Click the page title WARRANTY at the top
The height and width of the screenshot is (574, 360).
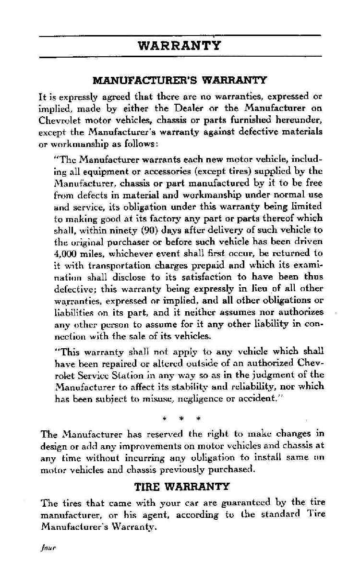point(180,46)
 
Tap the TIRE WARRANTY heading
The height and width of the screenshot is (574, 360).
point(182,487)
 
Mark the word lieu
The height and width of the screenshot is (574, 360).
point(260,288)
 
